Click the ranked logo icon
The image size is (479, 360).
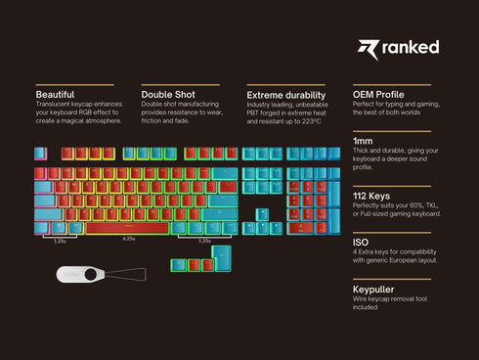[x=368, y=49]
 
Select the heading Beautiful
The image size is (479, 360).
[x=55, y=94]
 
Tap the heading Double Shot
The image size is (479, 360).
[x=168, y=94]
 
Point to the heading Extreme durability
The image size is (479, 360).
[x=285, y=94]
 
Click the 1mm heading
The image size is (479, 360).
[x=363, y=142]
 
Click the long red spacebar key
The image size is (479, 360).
[x=128, y=228]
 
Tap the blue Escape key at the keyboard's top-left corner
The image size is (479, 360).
[x=40, y=153]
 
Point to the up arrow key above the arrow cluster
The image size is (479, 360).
[x=262, y=213]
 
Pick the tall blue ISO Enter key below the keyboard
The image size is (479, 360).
[x=221, y=259]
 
